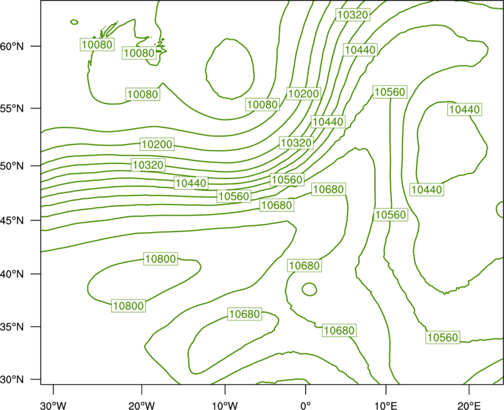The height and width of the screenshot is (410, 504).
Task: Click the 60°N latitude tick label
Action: coord(12,46)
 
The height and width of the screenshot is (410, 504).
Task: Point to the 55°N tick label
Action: coord(12,108)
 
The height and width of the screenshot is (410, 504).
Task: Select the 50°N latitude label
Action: coord(12,166)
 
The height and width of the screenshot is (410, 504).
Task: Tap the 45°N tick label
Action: coord(12,220)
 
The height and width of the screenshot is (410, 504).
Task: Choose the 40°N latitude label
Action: coord(12,274)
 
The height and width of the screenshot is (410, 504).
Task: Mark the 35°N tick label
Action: coord(12,327)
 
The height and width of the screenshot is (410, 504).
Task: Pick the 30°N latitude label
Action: coord(12,380)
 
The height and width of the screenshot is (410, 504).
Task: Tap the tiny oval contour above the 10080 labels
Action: coord(74,20)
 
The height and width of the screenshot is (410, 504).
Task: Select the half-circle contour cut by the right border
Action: coord(497,209)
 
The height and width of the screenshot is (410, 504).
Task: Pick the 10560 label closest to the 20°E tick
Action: coord(443,337)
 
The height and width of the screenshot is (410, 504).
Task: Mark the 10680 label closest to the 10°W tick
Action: coord(244,313)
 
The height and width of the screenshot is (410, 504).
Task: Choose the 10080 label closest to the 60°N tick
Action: coord(97,44)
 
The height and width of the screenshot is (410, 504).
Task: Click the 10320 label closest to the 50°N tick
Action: coord(148,165)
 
